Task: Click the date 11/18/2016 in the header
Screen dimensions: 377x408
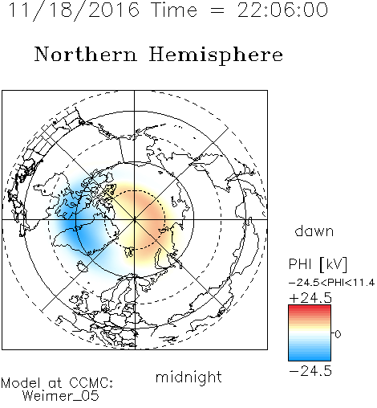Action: (x=74, y=10)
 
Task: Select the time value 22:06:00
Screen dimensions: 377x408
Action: (x=282, y=10)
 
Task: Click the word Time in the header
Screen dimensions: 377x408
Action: (x=174, y=10)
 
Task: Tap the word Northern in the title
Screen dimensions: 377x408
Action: (x=86, y=55)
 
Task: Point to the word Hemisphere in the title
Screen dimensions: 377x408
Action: (x=216, y=55)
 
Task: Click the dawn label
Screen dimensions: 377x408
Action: (x=314, y=231)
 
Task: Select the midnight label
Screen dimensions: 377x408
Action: (x=188, y=377)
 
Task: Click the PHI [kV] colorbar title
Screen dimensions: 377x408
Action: (x=318, y=264)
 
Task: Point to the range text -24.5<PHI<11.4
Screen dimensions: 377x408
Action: (x=332, y=283)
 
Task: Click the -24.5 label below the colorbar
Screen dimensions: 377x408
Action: (x=310, y=371)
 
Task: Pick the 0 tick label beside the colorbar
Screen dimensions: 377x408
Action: (x=338, y=334)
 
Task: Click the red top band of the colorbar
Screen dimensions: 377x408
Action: (x=310, y=308)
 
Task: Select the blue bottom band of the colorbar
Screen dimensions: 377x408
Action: (x=310, y=357)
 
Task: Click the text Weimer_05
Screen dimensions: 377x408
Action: (x=61, y=396)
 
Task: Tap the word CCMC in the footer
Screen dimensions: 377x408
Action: (x=91, y=383)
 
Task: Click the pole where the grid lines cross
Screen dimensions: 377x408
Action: (x=135, y=220)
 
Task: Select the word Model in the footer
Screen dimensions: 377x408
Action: (x=22, y=383)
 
